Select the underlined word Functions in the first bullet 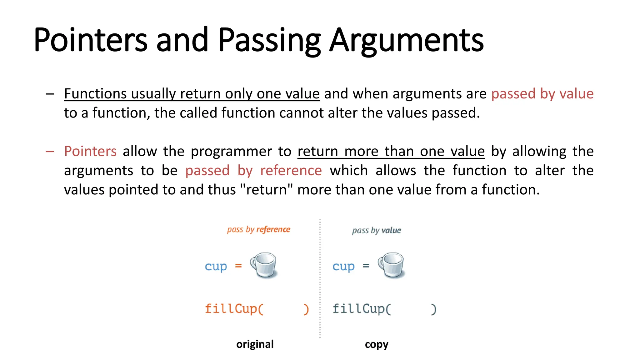point(95,94)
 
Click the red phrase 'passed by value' point(542,94)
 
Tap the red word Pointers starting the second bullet point(90,151)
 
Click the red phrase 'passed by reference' point(253,171)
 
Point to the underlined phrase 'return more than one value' point(391,151)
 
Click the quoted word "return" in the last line point(266,190)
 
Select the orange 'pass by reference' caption point(258,229)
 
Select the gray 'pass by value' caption point(376,231)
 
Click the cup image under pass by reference point(264,265)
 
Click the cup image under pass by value point(391,265)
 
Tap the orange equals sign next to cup point(238,266)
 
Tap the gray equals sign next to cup point(366,266)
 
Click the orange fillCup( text point(234,309)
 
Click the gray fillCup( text point(362,309)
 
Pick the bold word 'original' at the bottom point(255,344)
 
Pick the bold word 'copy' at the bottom point(376,344)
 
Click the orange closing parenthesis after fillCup point(306,309)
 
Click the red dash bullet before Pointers point(50,152)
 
